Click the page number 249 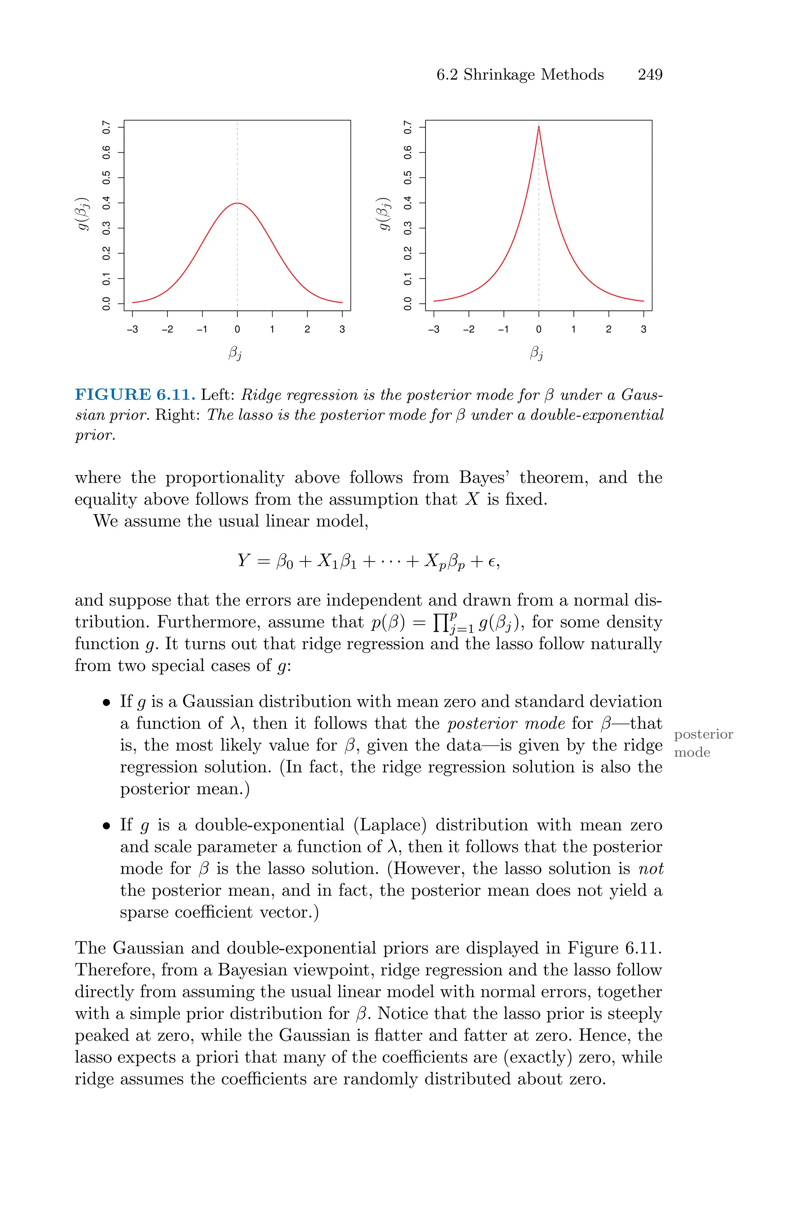click(650, 75)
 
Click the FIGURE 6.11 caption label click(135, 395)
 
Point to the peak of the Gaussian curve click(237, 203)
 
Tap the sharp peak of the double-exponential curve click(539, 126)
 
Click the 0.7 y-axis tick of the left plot click(106, 127)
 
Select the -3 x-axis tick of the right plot click(433, 329)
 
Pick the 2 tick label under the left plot click(307, 329)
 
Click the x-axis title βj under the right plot click(536, 353)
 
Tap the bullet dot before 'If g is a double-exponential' click(106, 826)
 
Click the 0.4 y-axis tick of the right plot click(408, 203)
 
